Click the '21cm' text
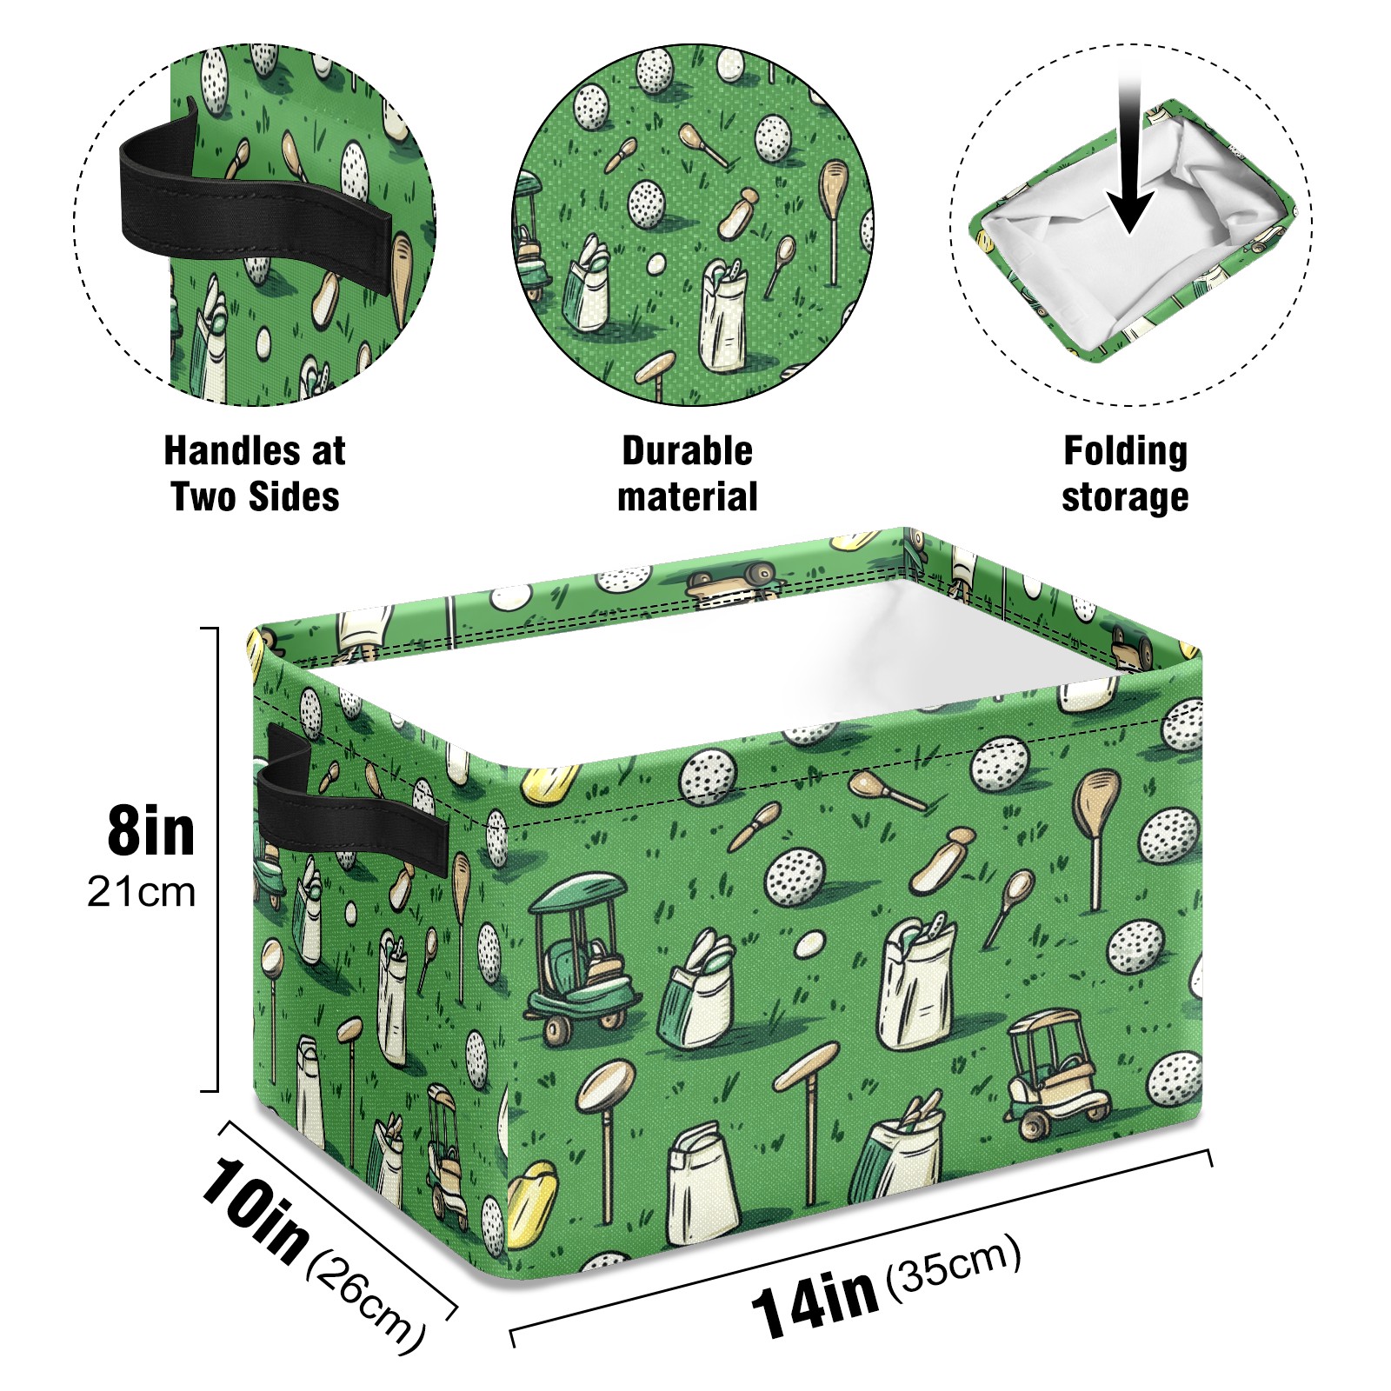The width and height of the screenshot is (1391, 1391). point(141,892)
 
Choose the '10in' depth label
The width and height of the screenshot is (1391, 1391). point(255,1209)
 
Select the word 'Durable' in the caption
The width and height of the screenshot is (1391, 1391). point(687,451)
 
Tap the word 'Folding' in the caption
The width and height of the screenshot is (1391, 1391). point(1125,451)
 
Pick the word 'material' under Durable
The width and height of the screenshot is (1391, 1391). point(687,497)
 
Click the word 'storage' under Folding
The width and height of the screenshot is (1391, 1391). point(1125,498)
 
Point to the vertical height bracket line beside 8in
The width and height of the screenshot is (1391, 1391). point(216,859)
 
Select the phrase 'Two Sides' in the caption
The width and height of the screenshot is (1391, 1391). point(255,497)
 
